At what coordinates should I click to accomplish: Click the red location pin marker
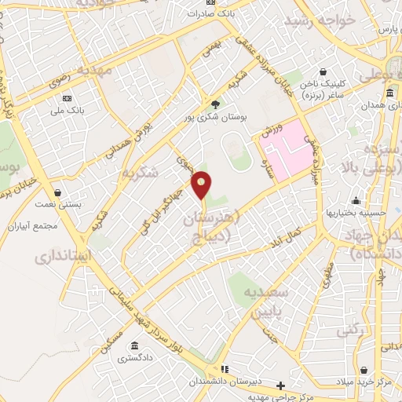tap(203, 184)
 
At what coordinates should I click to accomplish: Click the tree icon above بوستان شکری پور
tap(216, 104)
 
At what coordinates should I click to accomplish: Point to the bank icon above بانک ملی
tap(67, 98)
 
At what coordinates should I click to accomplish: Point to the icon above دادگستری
tap(135, 346)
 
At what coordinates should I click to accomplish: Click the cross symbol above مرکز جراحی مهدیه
tap(281, 385)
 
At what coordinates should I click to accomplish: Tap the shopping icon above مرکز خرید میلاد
tap(363, 370)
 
